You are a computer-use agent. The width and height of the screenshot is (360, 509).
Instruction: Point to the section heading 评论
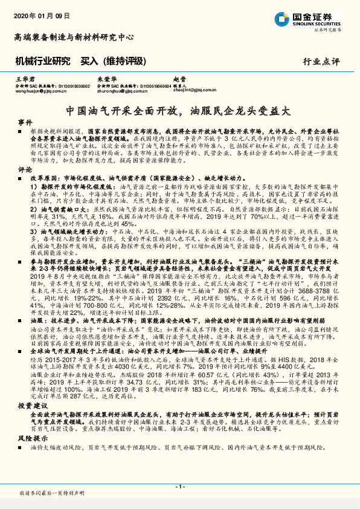click(x=25, y=170)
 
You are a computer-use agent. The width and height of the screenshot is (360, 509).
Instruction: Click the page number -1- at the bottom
click(x=179, y=487)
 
